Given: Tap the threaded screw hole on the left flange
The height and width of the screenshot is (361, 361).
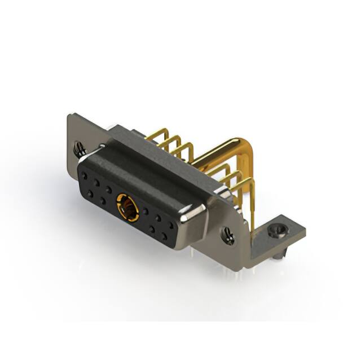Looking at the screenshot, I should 80,149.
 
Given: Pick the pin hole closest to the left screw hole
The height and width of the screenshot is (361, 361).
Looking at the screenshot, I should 86,175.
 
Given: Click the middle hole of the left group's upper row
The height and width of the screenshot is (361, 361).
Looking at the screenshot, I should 97,182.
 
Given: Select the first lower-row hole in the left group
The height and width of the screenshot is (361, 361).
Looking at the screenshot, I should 90,193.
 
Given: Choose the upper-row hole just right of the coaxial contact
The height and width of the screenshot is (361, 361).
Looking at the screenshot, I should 146,212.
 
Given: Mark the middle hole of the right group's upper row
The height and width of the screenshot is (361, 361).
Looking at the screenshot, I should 159,218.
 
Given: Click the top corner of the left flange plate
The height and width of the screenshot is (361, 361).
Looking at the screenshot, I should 70,116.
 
